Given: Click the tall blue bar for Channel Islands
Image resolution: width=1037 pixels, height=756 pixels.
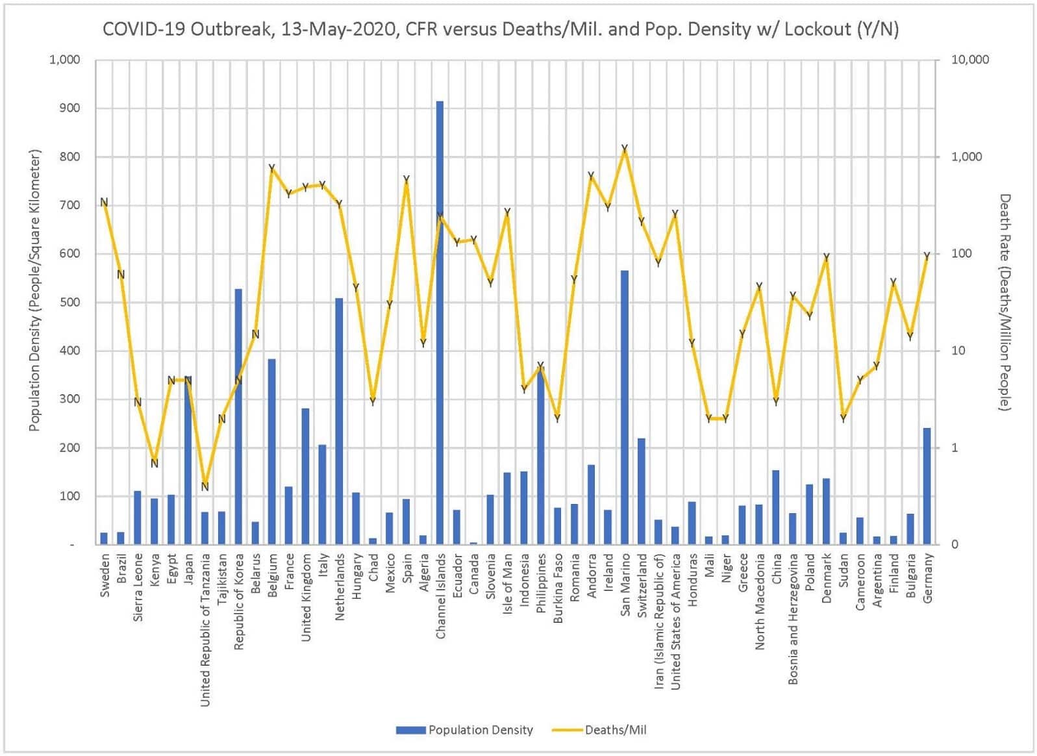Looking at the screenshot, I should point(440,325).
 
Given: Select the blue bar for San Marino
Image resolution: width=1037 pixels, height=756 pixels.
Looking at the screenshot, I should point(624,409).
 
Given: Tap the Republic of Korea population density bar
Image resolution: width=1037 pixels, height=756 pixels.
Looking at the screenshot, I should point(238,416).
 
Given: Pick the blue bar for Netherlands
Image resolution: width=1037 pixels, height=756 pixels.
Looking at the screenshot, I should point(339,422).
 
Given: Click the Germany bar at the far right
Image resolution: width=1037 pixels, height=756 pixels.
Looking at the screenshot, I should point(927,487).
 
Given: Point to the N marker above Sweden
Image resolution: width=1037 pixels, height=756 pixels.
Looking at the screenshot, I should point(104,203).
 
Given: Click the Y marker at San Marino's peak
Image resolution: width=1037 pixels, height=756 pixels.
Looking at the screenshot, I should point(625,149).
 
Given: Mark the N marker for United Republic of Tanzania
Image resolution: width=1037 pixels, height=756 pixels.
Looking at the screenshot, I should point(205,486).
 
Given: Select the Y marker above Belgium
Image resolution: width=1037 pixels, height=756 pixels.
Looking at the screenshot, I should point(272,168).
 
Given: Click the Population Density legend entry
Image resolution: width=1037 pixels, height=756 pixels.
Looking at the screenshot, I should point(465,730).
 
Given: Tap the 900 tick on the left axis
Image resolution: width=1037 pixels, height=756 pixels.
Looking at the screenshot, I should point(69,108).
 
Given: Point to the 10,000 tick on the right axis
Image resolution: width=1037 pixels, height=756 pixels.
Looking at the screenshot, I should point(969,60).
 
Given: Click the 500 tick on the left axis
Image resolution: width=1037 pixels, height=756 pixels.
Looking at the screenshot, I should point(69,302).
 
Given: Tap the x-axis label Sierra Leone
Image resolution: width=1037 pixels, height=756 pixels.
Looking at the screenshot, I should point(138,587).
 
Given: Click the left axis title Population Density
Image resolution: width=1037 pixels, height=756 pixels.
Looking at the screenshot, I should point(34,290).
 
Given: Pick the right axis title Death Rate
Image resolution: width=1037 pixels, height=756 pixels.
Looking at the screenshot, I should point(1004,302).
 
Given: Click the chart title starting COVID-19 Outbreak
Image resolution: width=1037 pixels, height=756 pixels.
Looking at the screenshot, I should point(500,29).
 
